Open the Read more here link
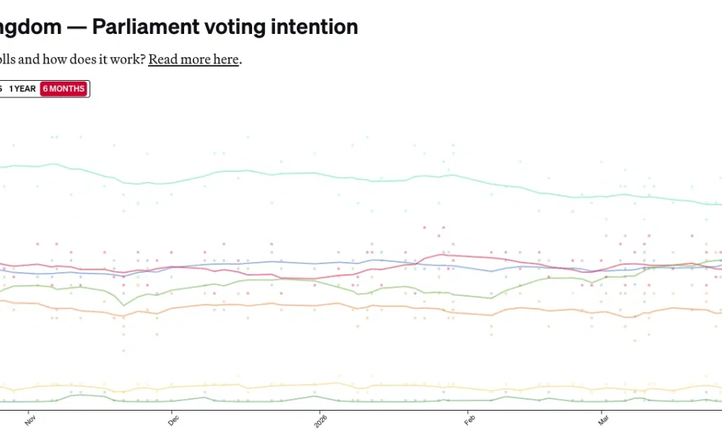tap(193, 59)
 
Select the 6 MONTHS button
tap(64, 89)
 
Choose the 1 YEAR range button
tap(22, 89)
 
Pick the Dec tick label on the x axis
tap(173, 419)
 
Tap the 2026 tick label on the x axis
tap(320, 421)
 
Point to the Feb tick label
tap(469, 419)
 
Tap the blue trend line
tap(289, 262)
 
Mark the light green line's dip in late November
tap(123, 305)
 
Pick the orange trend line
tap(289, 304)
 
